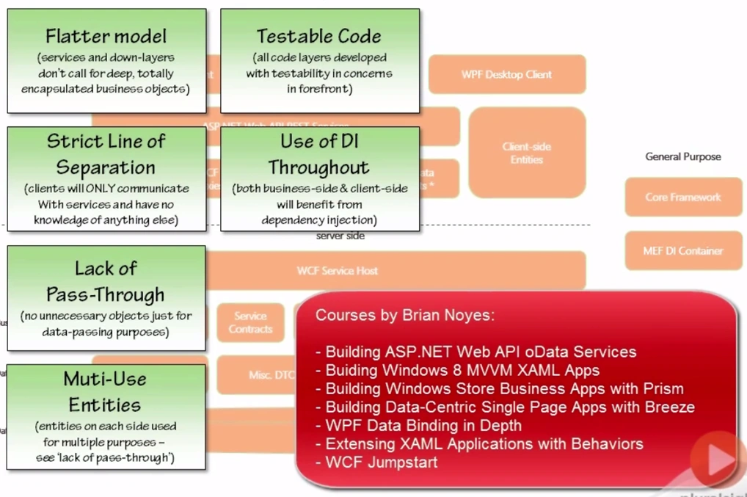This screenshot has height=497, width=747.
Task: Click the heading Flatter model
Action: [106, 36]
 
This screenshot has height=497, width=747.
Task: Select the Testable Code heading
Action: [319, 36]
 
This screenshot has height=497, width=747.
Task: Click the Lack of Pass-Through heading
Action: [106, 281]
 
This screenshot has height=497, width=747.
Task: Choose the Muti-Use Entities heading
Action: [106, 391]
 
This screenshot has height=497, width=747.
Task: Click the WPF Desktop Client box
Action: [506, 74]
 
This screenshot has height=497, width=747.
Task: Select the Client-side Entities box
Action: [527, 153]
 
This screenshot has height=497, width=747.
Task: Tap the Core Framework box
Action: [682, 197]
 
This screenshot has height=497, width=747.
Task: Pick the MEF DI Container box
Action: [682, 250]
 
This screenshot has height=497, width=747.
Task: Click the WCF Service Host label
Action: [338, 270]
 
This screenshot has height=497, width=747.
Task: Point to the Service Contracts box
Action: [250, 322]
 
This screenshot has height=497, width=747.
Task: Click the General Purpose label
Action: [682, 156]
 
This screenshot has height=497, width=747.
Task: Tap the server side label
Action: [340, 236]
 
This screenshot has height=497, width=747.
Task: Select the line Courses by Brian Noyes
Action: [405, 316]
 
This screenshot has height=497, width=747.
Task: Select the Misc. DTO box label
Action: [271, 375]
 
